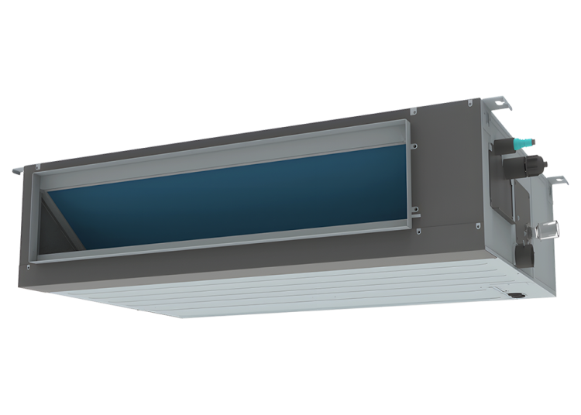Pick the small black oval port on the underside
513,293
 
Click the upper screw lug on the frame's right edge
414,145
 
